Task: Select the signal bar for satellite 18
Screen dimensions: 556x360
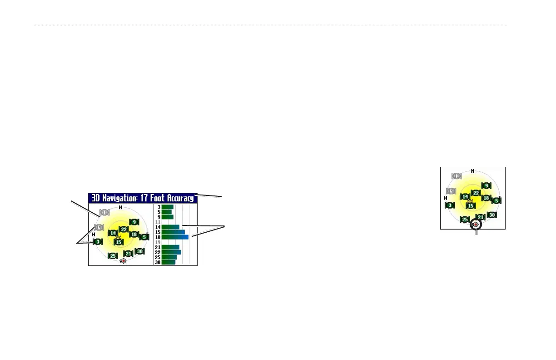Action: (175, 237)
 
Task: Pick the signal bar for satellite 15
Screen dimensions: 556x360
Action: (173, 232)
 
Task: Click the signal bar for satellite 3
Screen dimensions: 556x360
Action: (168, 207)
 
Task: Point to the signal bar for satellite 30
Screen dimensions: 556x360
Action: (169, 262)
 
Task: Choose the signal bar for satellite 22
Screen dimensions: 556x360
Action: (171, 252)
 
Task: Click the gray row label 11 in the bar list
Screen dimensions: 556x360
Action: (159, 222)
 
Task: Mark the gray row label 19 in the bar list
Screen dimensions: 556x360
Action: (159, 242)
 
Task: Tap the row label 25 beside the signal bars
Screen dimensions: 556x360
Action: (159, 257)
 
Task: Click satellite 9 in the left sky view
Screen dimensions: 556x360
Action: (134, 222)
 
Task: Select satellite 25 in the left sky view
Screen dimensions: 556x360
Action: (113, 256)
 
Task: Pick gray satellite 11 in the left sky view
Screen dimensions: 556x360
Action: (104, 212)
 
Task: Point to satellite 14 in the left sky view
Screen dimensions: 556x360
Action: (113, 233)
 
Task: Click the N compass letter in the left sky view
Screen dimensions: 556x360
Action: (120, 207)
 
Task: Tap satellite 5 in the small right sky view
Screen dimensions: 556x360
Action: (496, 200)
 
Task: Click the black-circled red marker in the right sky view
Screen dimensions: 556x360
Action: (476, 225)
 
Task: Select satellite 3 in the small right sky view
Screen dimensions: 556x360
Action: (450, 205)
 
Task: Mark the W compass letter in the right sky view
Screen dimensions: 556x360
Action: (446, 198)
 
